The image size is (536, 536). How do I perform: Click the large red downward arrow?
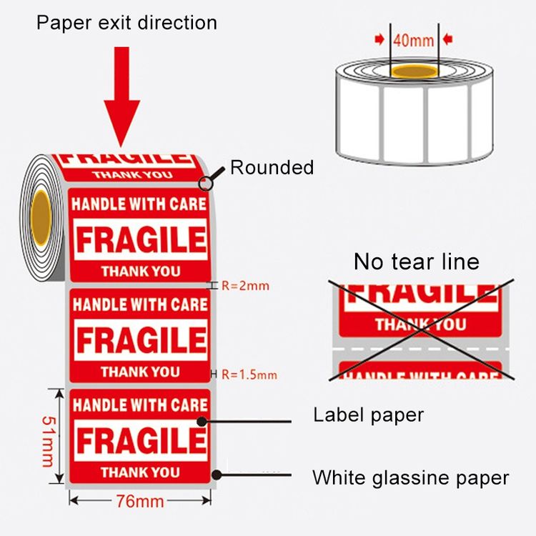(121, 97)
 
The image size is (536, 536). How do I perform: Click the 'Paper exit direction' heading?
(126, 23)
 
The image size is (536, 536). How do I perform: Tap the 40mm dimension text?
(413, 40)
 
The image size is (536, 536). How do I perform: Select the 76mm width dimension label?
(140, 502)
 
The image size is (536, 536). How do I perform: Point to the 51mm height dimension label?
(49, 442)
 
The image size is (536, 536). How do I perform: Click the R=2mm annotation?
(245, 286)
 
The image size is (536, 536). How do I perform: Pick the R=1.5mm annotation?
(249, 374)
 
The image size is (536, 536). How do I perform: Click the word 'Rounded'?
(272, 167)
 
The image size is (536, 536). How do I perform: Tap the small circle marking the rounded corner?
(205, 184)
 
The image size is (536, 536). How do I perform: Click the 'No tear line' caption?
(417, 262)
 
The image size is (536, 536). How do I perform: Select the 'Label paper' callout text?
(369, 415)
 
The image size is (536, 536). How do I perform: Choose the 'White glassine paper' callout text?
(410, 477)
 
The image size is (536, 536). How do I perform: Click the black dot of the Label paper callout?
(202, 422)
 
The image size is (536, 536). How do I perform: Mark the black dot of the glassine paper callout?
(217, 475)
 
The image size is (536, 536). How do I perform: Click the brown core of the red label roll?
(41, 218)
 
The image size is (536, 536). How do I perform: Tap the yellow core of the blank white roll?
(415, 71)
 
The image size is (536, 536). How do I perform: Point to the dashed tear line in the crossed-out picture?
(421, 349)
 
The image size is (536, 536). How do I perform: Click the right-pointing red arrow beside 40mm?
(379, 39)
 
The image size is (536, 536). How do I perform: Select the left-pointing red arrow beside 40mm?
(448, 39)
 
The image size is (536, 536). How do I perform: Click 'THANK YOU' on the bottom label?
(140, 472)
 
